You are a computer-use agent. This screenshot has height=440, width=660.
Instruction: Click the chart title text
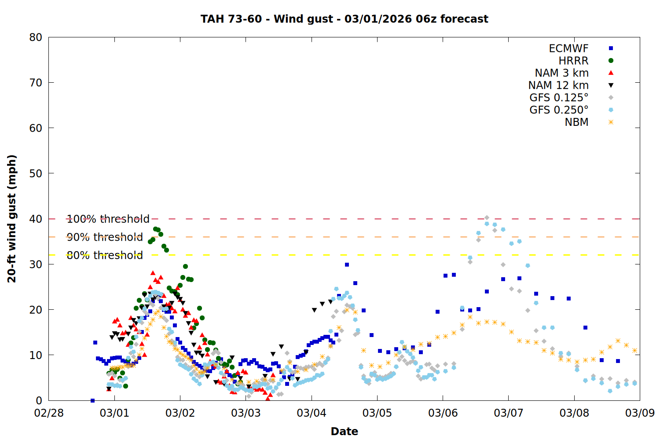[x=344, y=19]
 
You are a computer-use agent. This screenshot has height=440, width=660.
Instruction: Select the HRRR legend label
[x=573, y=61]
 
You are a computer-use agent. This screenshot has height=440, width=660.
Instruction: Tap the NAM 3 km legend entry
[x=561, y=73]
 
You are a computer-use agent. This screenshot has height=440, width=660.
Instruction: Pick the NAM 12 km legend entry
[x=558, y=85]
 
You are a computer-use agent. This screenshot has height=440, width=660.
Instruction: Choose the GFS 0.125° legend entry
[x=559, y=98]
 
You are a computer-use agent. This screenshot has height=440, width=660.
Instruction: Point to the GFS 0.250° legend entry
[x=559, y=110]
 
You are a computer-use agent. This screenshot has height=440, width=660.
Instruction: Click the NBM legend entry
[x=576, y=122]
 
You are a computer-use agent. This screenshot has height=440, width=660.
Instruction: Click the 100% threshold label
[x=108, y=219]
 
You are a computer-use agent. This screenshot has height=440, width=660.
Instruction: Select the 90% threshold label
[x=105, y=237]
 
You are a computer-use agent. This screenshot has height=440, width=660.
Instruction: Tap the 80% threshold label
[x=105, y=255]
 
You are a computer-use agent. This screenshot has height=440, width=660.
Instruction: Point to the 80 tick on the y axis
[x=36, y=37]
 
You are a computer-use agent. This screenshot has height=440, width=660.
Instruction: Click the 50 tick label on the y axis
[x=36, y=173]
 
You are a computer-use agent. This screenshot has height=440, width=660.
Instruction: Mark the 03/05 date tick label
[x=377, y=413]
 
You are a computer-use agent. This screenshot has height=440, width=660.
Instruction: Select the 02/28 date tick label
[x=49, y=413]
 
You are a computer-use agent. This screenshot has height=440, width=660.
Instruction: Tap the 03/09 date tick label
[x=640, y=413]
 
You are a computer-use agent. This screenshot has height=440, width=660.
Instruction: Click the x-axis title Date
[x=344, y=431]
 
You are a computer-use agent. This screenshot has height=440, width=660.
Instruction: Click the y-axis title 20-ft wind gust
[x=12, y=219]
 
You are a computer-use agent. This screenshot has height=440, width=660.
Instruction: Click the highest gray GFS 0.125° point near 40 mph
[x=487, y=217]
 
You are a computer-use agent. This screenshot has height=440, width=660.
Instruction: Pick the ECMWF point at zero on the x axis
[x=92, y=400]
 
